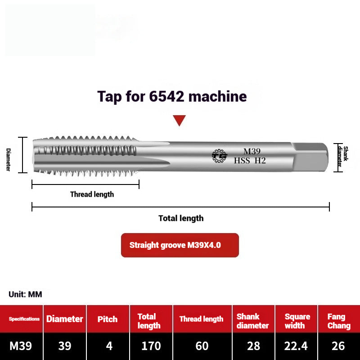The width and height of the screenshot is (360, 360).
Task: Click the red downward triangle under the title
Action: (180, 120)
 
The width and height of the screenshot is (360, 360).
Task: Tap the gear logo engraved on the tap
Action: (220, 156)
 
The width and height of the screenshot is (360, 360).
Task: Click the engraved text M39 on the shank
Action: (252, 151)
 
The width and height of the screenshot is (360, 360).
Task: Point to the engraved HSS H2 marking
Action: (250, 160)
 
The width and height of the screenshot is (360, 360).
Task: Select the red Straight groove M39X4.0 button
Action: (180, 245)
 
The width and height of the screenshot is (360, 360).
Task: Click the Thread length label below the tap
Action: (92, 194)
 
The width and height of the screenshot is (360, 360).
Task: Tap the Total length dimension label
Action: (181, 218)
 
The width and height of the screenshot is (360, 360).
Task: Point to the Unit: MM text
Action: (25, 294)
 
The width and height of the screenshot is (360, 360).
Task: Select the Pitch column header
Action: (108, 319)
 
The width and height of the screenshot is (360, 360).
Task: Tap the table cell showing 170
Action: (151, 346)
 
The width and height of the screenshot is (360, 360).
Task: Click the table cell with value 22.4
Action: (296, 346)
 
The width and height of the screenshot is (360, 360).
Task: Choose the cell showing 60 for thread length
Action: (202, 346)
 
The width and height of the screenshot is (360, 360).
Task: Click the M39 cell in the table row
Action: (21, 346)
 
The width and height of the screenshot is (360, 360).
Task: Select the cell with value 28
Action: (253, 346)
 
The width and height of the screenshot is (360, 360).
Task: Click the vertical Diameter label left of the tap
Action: (8, 159)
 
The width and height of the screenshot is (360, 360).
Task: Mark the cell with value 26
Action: (338, 346)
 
